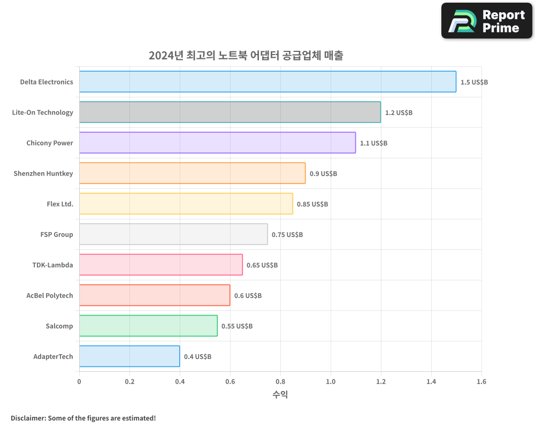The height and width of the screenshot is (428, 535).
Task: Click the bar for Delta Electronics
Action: [267, 82]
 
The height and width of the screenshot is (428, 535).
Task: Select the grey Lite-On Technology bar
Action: [230, 112]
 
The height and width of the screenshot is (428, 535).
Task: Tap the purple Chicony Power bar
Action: [217, 143]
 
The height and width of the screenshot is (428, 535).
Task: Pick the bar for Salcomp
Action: [148, 326]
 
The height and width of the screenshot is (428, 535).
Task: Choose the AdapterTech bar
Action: [129, 356]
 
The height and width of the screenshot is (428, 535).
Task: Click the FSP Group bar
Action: [173, 234]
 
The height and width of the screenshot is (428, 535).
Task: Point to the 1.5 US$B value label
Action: [474, 82]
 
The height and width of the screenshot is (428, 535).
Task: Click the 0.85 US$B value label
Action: [312, 204]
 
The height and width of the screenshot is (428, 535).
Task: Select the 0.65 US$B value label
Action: [262, 265]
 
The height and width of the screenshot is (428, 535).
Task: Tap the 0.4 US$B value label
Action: [197, 357]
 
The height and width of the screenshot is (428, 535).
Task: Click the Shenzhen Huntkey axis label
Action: [43, 173]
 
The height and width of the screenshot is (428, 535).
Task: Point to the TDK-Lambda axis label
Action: [52, 265]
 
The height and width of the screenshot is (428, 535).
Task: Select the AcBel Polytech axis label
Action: [50, 295]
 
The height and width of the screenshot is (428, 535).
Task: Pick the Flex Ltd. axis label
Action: [60, 204]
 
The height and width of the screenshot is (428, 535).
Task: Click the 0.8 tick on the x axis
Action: [280, 382]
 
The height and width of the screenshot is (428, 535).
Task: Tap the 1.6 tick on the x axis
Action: [481, 382]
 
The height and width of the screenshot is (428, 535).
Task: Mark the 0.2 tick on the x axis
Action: [129, 382]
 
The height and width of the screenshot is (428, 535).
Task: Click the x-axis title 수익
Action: [280, 395]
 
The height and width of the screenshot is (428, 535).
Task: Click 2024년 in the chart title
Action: [166, 56]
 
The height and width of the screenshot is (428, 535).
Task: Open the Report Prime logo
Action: [487, 21]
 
